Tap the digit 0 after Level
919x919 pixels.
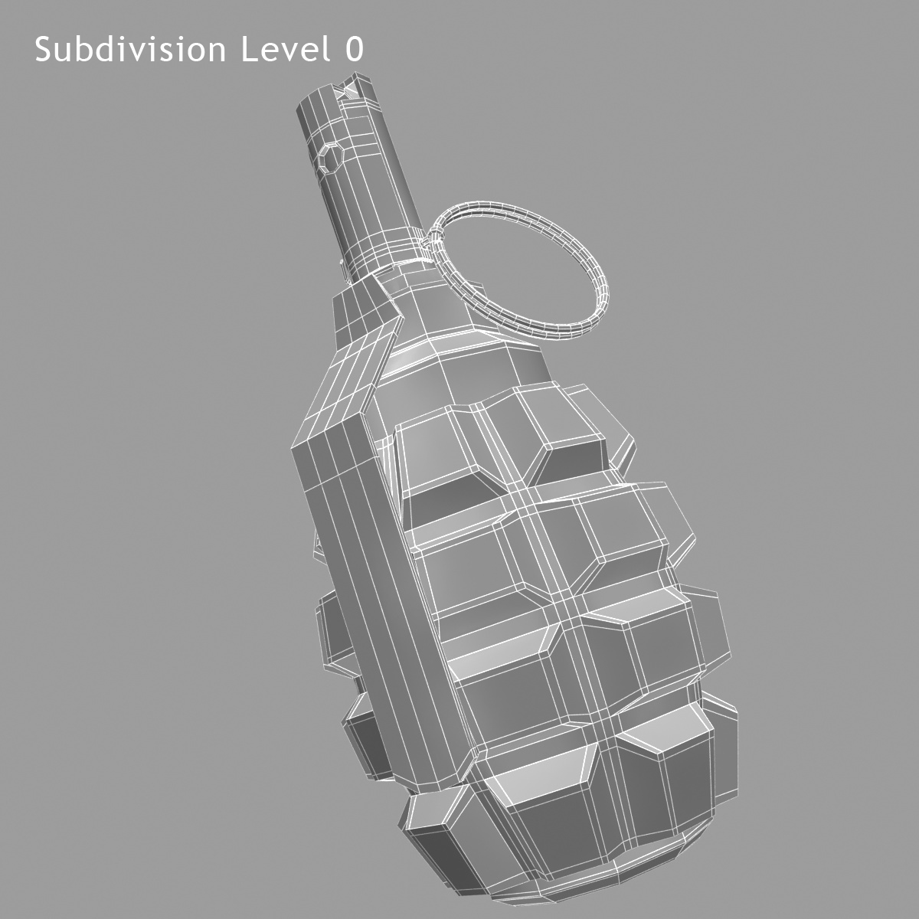[x=353, y=50]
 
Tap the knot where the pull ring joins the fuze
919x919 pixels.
[x=429, y=244]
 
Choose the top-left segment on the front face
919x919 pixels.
[x=444, y=459]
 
